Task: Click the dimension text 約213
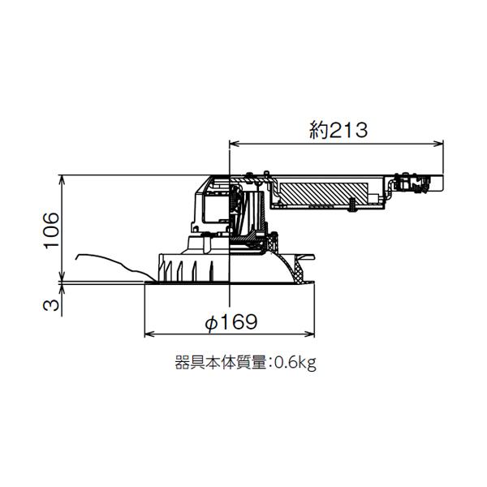pyautogui.click(x=339, y=128)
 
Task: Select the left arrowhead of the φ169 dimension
pyautogui.click(x=149, y=334)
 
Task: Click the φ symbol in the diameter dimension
pyautogui.click(x=210, y=322)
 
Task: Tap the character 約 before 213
pyautogui.click(x=319, y=128)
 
